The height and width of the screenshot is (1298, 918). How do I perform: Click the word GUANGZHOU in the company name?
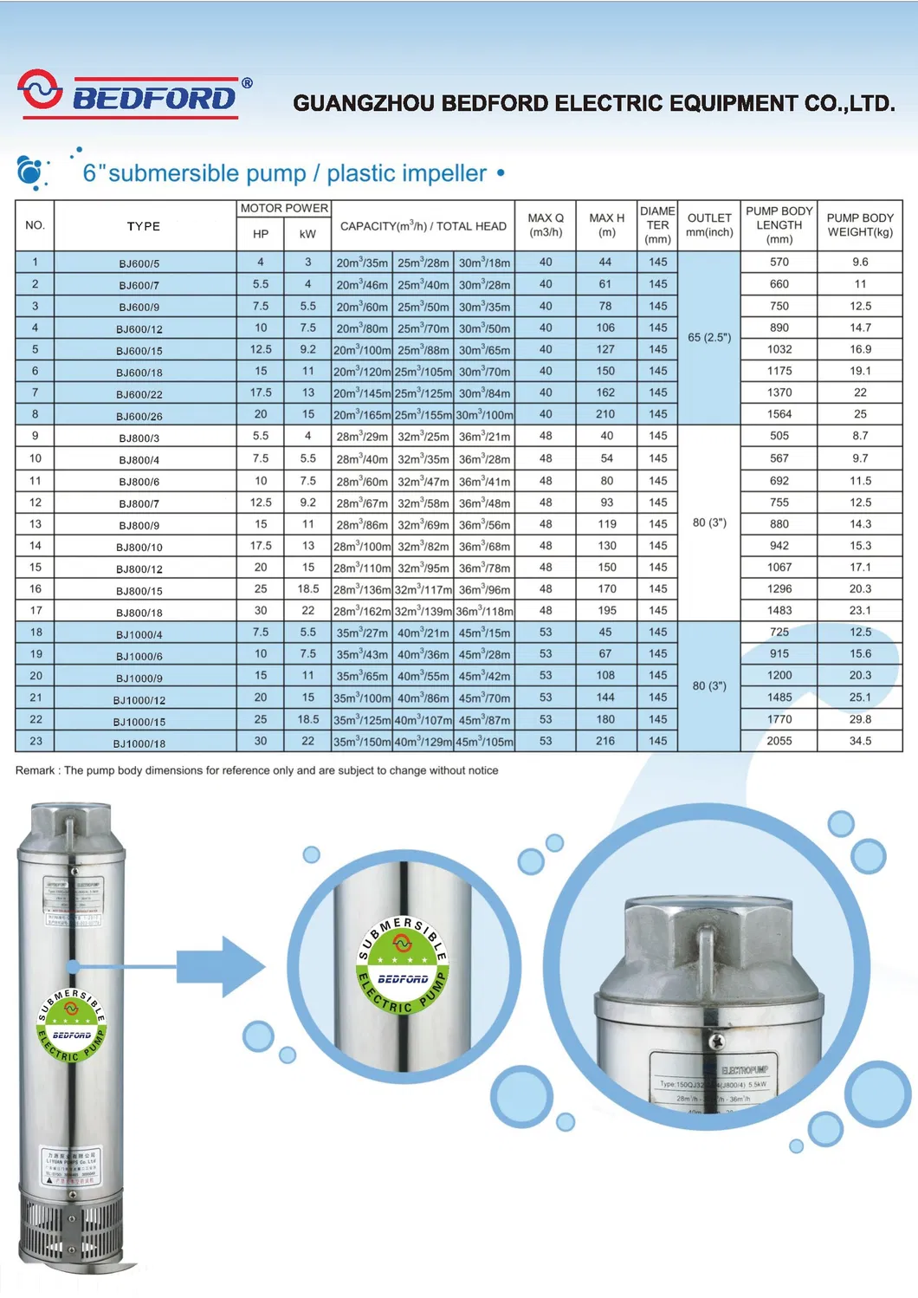pos(364,104)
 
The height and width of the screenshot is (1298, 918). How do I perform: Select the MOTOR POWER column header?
pos(284,209)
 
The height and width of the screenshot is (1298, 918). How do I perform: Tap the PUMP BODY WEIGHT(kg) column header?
pos(860,225)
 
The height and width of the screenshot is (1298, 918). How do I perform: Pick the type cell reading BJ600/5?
pos(139,263)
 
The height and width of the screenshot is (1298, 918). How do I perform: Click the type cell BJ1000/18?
pos(139,743)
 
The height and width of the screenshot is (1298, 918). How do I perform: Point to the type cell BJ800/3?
pos(139,438)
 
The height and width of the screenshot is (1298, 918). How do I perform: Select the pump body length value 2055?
pos(779,741)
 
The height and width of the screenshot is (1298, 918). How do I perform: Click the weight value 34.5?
pos(860,741)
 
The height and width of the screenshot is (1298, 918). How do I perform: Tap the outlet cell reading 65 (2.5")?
pos(709,337)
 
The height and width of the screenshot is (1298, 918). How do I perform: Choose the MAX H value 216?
pos(605,741)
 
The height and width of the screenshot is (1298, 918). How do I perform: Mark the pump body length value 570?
pos(779,262)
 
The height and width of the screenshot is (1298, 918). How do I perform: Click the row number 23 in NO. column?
pos(36,741)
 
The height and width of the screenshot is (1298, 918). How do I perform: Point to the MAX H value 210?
pos(605,414)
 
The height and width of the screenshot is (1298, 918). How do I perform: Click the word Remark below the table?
pos(36,770)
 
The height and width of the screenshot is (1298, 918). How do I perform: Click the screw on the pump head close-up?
pos(716,1038)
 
